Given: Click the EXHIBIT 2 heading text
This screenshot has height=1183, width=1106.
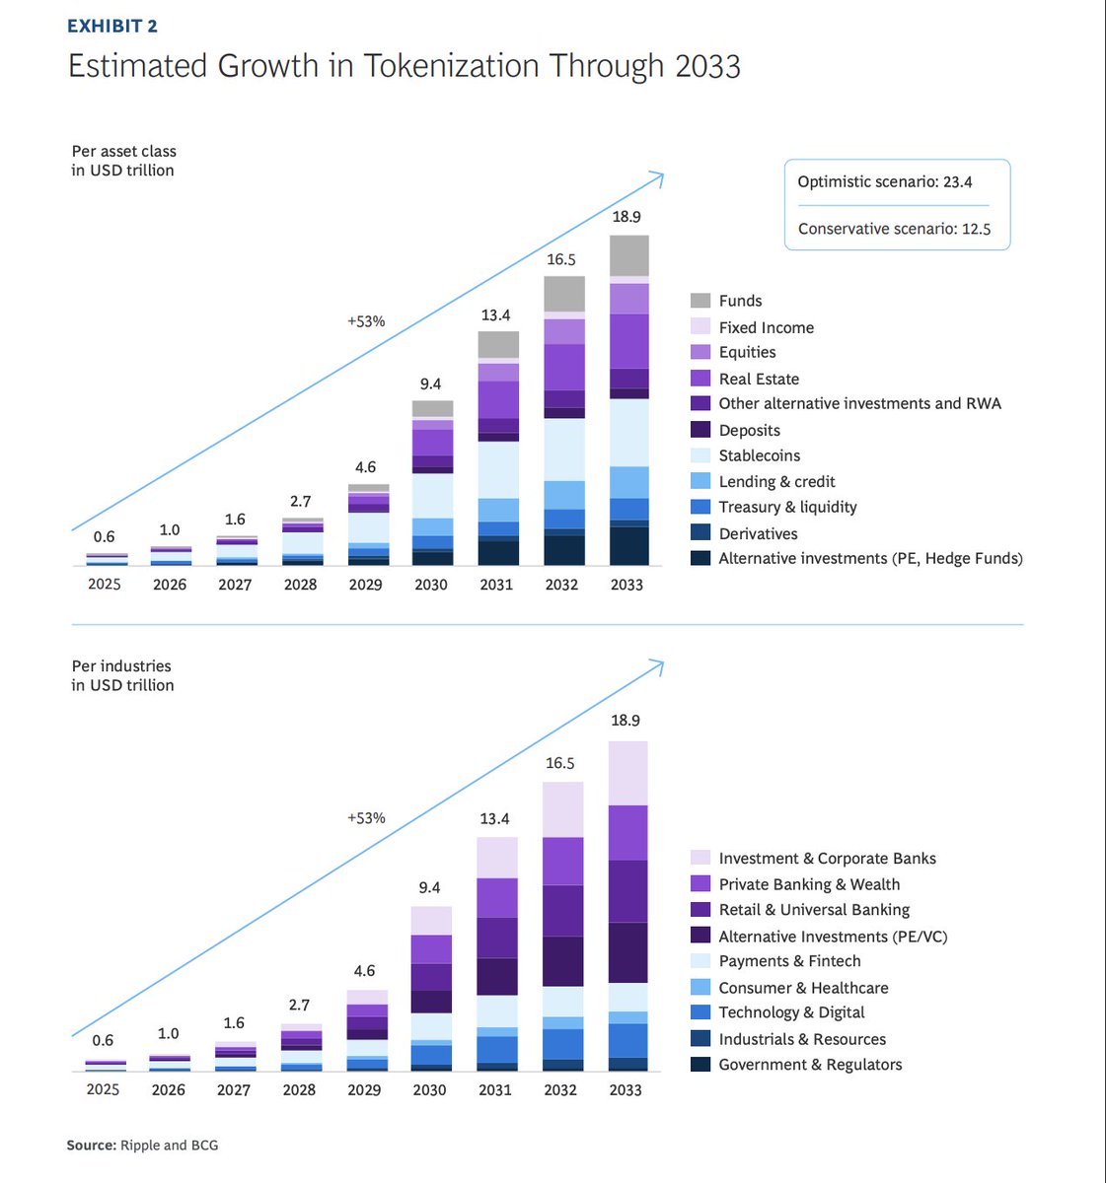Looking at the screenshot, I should click(111, 26).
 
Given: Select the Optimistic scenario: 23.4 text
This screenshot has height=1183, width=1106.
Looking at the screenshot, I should click(884, 181).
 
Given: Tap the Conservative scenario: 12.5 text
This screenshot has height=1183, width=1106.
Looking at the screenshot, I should click(894, 229).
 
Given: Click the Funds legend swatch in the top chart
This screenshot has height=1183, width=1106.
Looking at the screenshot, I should click(700, 301).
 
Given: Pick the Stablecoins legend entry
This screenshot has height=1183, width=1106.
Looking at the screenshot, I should click(759, 455).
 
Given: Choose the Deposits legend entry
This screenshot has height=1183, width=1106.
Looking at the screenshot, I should click(749, 430).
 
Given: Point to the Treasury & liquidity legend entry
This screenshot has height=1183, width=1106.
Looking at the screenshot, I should click(787, 507).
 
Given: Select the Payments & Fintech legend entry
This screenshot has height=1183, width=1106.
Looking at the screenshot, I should click(789, 961).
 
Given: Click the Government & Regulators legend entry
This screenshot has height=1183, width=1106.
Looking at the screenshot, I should click(810, 1065).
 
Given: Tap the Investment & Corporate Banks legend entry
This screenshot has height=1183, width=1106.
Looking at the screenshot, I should click(827, 859).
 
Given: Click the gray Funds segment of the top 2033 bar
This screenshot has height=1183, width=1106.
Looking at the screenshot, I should click(629, 255).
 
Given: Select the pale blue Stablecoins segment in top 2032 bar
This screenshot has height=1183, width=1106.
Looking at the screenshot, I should click(564, 450).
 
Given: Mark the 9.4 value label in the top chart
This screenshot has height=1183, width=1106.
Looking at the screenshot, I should click(430, 384).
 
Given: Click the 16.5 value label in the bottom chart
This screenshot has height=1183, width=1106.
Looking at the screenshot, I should click(559, 763).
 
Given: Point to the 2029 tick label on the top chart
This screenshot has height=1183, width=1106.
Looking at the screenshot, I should click(365, 585).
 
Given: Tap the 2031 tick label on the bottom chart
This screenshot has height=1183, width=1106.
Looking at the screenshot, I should click(495, 1090).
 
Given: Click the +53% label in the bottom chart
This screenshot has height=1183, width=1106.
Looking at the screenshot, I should click(366, 818).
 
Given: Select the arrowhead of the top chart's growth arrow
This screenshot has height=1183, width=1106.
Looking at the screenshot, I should click(658, 176).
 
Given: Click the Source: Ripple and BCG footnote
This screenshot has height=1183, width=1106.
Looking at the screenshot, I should click(142, 1146).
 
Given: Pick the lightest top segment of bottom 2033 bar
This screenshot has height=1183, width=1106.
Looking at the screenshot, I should click(627, 773).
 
